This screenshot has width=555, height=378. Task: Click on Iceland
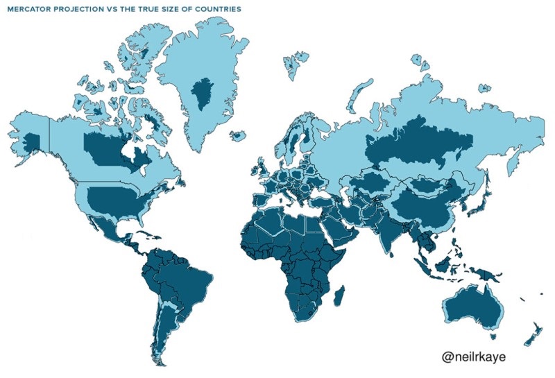tap(239, 136)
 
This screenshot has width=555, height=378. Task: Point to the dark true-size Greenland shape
tap(201, 94)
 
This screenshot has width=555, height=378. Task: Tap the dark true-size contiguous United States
tap(114, 200)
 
